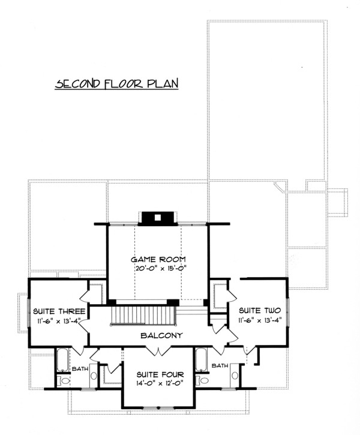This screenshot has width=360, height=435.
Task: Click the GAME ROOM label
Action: tap(158, 260)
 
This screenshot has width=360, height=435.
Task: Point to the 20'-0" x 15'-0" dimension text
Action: tap(160, 268)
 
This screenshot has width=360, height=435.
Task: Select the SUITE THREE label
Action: tap(59, 311)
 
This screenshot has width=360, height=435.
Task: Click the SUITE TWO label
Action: tap(260, 310)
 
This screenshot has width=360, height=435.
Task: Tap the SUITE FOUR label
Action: tap(160, 375)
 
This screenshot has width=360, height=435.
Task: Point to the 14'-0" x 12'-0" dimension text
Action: tap(160, 383)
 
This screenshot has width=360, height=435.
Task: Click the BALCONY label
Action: tap(161, 335)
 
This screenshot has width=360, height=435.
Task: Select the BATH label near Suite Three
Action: tap(80, 369)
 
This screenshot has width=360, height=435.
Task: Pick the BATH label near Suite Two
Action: tap(220, 365)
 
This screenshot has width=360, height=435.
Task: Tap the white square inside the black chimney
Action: tap(158, 217)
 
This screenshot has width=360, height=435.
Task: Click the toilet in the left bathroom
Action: tap(63, 380)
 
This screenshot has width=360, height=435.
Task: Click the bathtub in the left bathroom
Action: tap(62, 360)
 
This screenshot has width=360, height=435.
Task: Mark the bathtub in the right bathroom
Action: tap(200, 359)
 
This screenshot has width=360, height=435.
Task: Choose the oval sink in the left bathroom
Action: tap(94, 376)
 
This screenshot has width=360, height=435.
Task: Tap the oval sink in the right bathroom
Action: tap(235, 376)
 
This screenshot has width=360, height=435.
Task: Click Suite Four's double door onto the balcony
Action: tap(158, 351)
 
